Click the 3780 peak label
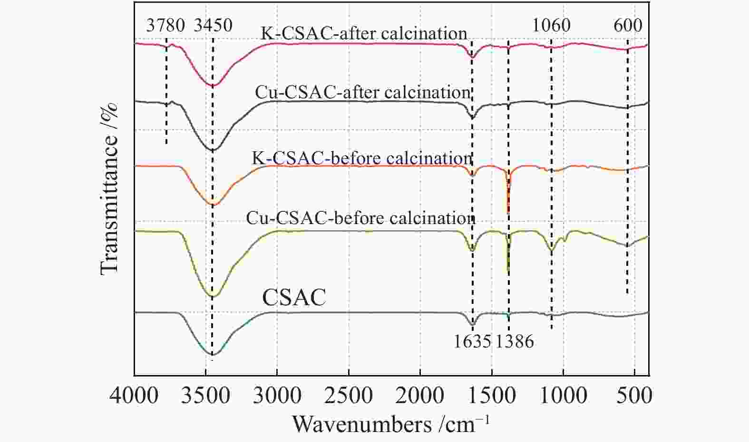(x=165, y=25)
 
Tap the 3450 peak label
(x=213, y=25)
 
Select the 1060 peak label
(x=551, y=25)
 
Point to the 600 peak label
(x=628, y=25)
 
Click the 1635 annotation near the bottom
(x=472, y=341)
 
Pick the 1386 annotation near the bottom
(x=515, y=341)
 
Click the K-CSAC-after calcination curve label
(x=364, y=33)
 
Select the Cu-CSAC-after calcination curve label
(x=362, y=92)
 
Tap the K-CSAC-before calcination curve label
(x=361, y=158)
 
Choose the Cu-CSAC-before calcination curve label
(x=360, y=218)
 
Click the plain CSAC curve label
(x=294, y=298)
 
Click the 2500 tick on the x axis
(x=349, y=395)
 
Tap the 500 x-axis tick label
(x=635, y=395)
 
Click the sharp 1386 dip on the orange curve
(x=508, y=209)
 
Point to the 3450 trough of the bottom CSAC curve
(x=213, y=354)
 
